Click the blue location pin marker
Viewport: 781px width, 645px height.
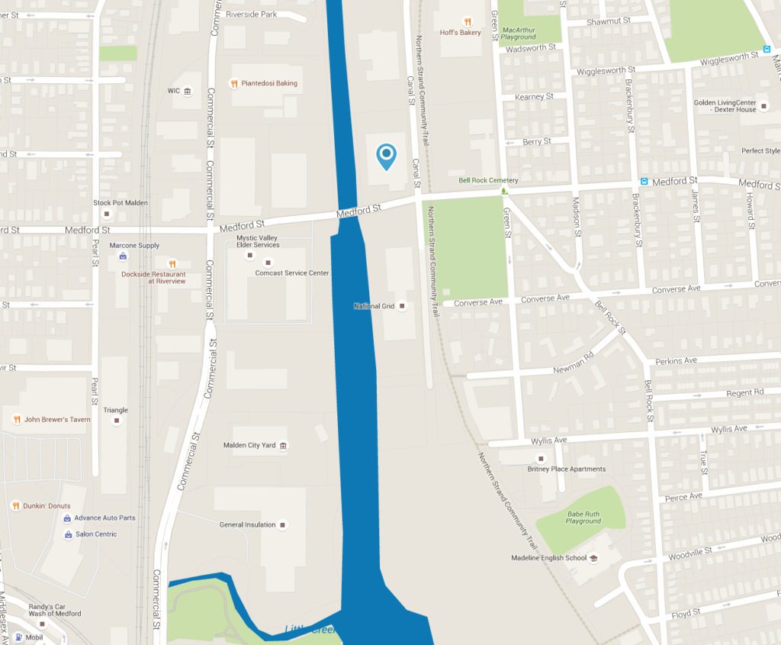click(387, 156)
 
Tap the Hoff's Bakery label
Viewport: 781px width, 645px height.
click(461, 33)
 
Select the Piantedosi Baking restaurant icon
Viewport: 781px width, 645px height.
click(234, 83)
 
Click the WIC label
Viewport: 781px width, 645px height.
click(174, 91)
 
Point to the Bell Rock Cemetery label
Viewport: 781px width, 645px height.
click(488, 181)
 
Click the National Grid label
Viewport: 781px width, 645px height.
click(374, 306)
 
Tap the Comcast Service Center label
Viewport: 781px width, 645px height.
click(292, 273)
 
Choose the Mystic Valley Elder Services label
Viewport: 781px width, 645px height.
click(258, 241)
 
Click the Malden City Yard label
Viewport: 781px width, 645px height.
click(249, 445)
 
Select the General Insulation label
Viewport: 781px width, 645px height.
click(248, 524)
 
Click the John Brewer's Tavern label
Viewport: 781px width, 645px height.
click(57, 419)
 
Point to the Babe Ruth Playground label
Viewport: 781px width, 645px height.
click(583, 518)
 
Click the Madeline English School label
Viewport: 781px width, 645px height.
click(549, 558)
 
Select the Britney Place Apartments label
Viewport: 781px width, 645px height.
click(567, 469)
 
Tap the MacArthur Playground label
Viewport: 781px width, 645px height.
click(519, 34)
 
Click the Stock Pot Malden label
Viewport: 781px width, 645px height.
click(121, 202)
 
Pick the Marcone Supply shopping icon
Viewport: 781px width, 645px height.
click(123, 256)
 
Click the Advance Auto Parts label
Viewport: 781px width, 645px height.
click(104, 518)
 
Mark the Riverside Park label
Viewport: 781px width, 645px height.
click(252, 14)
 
